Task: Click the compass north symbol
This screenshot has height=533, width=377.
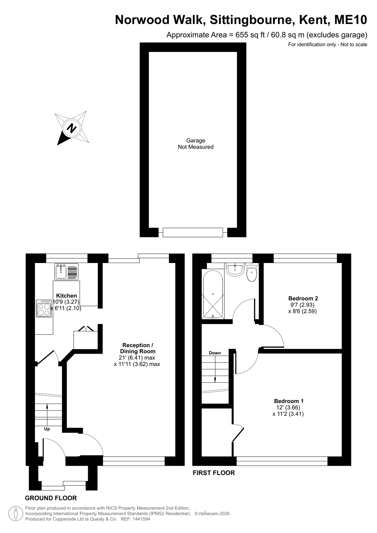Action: [x=72, y=128]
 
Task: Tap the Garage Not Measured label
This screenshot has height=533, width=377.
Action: [x=196, y=144]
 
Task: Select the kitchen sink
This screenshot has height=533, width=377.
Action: [x=66, y=271]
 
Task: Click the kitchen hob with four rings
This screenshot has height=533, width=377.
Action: [x=44, y=308]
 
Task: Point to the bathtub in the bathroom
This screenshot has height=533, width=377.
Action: [x=213, y=294]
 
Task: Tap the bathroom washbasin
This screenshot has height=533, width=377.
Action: [x=235, y=270]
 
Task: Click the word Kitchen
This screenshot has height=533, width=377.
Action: [x=66, y=296]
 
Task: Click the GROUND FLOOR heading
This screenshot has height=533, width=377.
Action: [x=51, y=498]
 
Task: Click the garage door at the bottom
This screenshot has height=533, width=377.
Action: [x=193, y=232]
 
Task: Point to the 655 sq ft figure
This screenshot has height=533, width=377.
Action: [x=250, y=35]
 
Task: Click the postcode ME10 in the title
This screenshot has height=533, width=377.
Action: [x=351, y=20]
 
